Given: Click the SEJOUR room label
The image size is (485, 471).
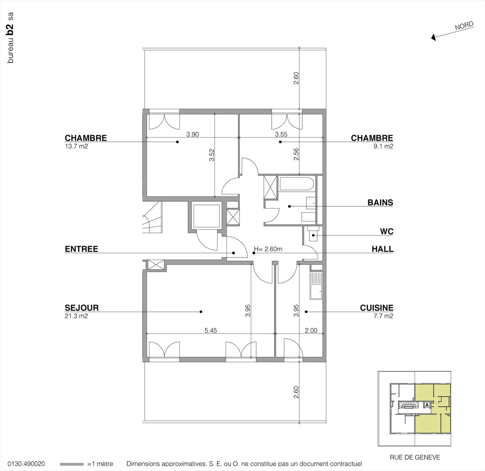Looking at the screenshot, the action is (82, 308).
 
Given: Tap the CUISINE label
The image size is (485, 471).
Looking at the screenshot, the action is (377, 308).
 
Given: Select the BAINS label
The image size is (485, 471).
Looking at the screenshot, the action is (380, 202).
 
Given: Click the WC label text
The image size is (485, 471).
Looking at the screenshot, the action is (387, 231).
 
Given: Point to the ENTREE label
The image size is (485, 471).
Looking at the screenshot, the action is (82, 249).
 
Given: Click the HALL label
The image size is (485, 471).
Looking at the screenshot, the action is (383, 249).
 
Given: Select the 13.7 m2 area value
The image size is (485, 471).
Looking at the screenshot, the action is (76, 146).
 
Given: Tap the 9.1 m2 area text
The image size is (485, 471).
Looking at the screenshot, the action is (383, 146).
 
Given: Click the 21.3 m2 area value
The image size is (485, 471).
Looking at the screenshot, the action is (76, 316).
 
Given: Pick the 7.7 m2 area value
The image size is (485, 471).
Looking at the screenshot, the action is (383, 316).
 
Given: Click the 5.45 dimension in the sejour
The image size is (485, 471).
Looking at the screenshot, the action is (211, 331).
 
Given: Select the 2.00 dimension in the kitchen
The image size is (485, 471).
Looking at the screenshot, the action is (311, 331).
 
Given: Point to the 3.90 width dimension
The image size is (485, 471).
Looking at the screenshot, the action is (193, 134).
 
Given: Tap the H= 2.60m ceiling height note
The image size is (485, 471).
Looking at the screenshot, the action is (268, 249).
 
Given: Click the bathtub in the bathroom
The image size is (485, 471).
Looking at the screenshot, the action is (296, 184).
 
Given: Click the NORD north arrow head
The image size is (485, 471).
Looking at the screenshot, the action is (434, 38).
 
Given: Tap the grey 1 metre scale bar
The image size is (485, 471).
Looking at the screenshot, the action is (72, 464).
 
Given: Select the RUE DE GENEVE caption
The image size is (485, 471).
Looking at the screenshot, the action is (415, 457).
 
